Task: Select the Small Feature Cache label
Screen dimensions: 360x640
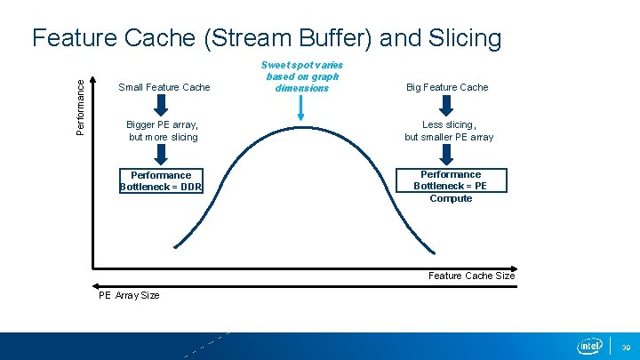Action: click(x=164, y=87)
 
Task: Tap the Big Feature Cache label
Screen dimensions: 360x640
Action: click(x=447, y=87)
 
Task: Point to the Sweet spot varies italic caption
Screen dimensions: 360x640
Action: click(x=301, y=76)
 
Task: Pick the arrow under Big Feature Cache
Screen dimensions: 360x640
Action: click(x=450, y=106)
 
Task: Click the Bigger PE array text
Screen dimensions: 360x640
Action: click(x=163, y=131)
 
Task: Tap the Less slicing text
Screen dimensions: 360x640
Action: click(x=449, y=131)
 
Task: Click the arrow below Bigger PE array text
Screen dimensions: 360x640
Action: click(x=162, y=155)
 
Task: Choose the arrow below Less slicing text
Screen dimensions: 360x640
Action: click(x=450, y=155)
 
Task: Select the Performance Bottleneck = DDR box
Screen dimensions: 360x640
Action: click(x=161, y=180)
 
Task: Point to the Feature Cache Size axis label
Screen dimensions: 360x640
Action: click(x=471, y=276)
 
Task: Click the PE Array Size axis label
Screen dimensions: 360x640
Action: click(x=129, y=295)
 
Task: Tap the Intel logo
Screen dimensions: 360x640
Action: click(x=589, y=346)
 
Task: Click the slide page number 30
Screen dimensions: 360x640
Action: click(x=625, y=347)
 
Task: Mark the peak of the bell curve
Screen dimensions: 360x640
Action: click(x=301, y=125)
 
